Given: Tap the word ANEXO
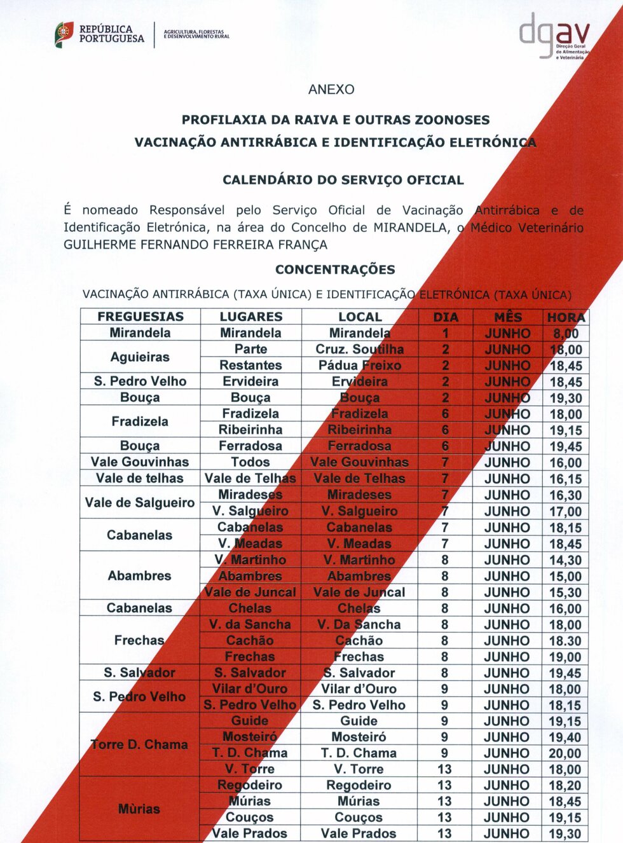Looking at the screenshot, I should [331, 90].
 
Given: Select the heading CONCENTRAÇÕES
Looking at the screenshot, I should [335, 270].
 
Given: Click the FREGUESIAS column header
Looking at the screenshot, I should [140, 317].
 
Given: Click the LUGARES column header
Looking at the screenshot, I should [250, 317].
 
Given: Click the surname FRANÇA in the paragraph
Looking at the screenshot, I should [306, 245].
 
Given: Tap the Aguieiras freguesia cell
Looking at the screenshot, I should [140, 357].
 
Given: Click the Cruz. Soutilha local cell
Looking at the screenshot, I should [359, 349].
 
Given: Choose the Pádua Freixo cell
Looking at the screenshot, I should [359, 366].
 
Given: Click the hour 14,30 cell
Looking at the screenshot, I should [565, 560].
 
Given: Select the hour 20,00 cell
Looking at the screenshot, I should [565, 753].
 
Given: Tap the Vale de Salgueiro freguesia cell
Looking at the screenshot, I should [140, 503].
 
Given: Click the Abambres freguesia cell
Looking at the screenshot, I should [140, 576].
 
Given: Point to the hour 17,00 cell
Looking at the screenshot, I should [565, 511].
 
